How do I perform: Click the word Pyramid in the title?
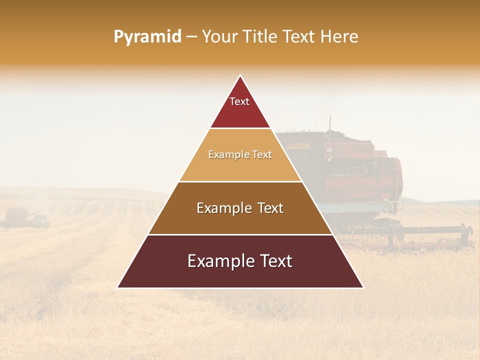[x=147, y=36]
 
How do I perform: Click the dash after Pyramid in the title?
[x=191, y=37]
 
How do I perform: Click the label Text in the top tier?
[x=239, y=101]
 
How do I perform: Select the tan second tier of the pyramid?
[x=240, y=167]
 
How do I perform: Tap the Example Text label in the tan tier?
[x=240, y=154]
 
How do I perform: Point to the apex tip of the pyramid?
[x=240, y=76]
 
